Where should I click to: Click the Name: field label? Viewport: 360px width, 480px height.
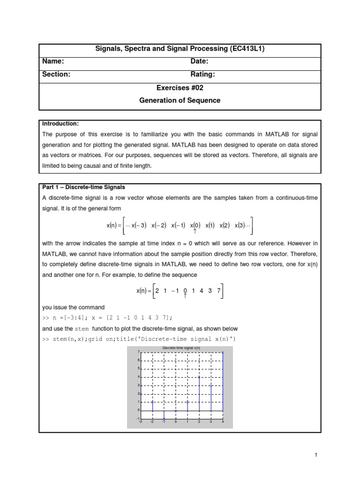click(53, 61)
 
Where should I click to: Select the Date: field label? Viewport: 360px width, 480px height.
click(199, 61)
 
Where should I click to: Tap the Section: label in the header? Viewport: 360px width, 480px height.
click(56, 75)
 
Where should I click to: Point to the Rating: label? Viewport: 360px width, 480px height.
click(202, 75)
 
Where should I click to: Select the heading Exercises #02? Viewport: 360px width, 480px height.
click(180, 88)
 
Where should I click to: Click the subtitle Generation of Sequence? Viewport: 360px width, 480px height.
click(180, 100)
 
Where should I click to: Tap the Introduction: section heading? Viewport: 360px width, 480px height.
click(60, 124)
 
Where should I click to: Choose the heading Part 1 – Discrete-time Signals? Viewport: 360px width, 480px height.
click(83, 187)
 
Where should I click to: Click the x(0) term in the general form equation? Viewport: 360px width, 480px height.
click(195, 225)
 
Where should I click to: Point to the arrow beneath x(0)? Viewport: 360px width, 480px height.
click(195, 232)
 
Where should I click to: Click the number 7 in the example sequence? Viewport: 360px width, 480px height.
click(218, 291)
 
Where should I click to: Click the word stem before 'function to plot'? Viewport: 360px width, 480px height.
click(82, 329)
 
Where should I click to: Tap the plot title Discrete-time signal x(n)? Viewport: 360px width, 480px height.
click(181, 348)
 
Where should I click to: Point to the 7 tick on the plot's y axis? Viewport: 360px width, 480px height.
click(138, 352)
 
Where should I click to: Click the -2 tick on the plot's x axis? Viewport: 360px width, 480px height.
click(152, 422)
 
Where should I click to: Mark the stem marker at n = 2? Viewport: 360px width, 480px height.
click(199, 377)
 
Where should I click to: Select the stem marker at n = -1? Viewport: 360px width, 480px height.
click(164, 418)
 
